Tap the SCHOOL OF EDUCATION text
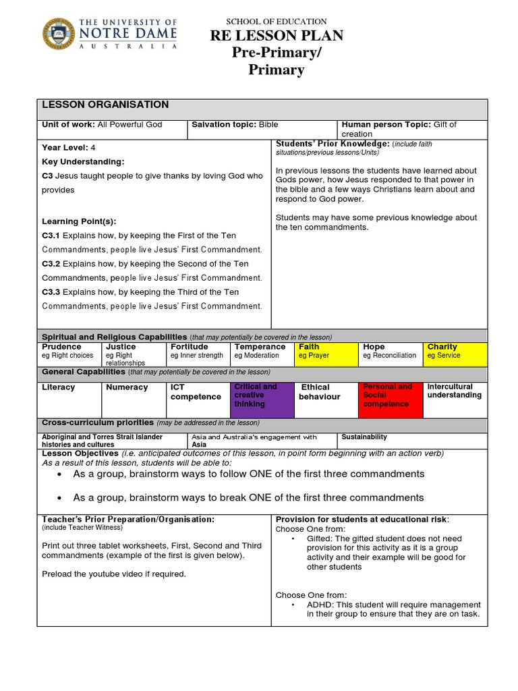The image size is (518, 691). [x=277, y=22]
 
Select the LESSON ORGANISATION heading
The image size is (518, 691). [x=106, y=105]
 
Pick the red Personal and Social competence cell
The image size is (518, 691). [x=391, y=399]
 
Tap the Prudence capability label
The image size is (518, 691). [x=62, y=347]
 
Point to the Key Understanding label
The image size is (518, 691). [x=83, y=162]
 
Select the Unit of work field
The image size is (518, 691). [x=102, y=125]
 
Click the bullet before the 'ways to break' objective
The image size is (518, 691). [x=61, y=498]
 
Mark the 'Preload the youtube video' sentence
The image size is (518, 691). [x=114, y=574]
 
